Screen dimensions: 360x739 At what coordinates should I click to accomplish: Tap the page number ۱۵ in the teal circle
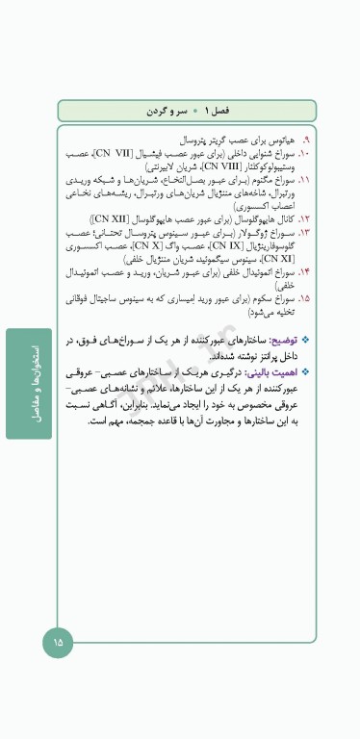(57, 642)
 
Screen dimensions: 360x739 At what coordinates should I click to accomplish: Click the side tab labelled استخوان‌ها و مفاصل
(29, 383)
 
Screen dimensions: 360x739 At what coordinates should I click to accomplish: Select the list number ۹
(305, 140)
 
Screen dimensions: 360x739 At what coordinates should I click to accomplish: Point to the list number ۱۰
(304, 153)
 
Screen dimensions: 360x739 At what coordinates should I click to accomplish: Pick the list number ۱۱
(304, 180)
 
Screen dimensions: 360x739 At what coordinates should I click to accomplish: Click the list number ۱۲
(304, 219)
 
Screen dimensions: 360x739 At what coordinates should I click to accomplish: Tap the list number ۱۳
(304, 233)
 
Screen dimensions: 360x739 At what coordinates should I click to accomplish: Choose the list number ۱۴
(304, 272)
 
